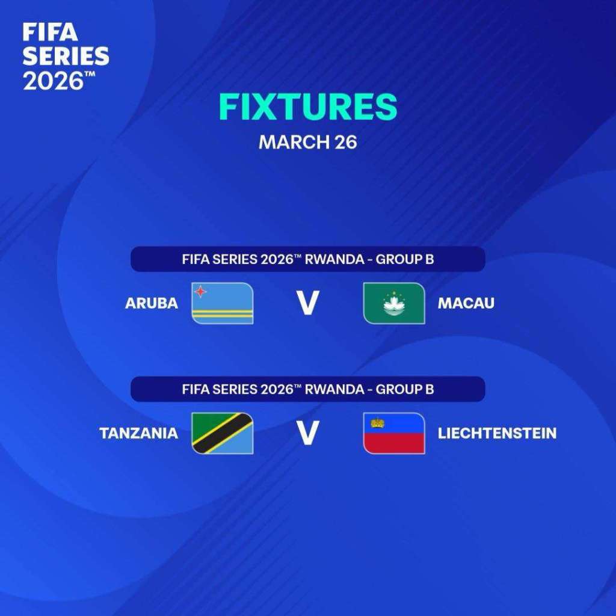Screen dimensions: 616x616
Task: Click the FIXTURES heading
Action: pos(307,107)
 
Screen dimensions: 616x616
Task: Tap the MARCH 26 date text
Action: pos(307,142)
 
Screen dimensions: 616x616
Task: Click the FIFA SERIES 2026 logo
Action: pos(66,56)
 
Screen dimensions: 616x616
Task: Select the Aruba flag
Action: pos(223,303)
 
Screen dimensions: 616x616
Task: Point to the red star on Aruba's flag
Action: pos(201,291)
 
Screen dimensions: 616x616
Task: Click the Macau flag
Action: pos(394,303)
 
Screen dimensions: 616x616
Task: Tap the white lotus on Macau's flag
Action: pos(394,305)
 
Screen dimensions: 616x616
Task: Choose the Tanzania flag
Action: pos(223,433)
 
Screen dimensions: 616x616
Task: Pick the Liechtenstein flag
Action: pos(394,433)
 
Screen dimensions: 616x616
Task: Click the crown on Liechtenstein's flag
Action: pos(377,422)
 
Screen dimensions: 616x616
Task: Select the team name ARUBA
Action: pos(152,303)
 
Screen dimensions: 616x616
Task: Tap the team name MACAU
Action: pos(466,303)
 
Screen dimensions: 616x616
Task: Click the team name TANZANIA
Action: pos(139,433)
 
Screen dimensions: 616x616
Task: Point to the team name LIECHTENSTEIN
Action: pos(497,433)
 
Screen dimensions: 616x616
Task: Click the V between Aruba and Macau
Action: pos(308,303)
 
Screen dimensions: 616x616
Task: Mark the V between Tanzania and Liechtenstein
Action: pos(308,433)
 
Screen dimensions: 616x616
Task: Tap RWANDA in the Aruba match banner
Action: pos(334,259)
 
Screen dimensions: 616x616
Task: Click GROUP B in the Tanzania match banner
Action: pos(405,389)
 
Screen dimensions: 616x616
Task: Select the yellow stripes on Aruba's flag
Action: pos(223,313)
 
